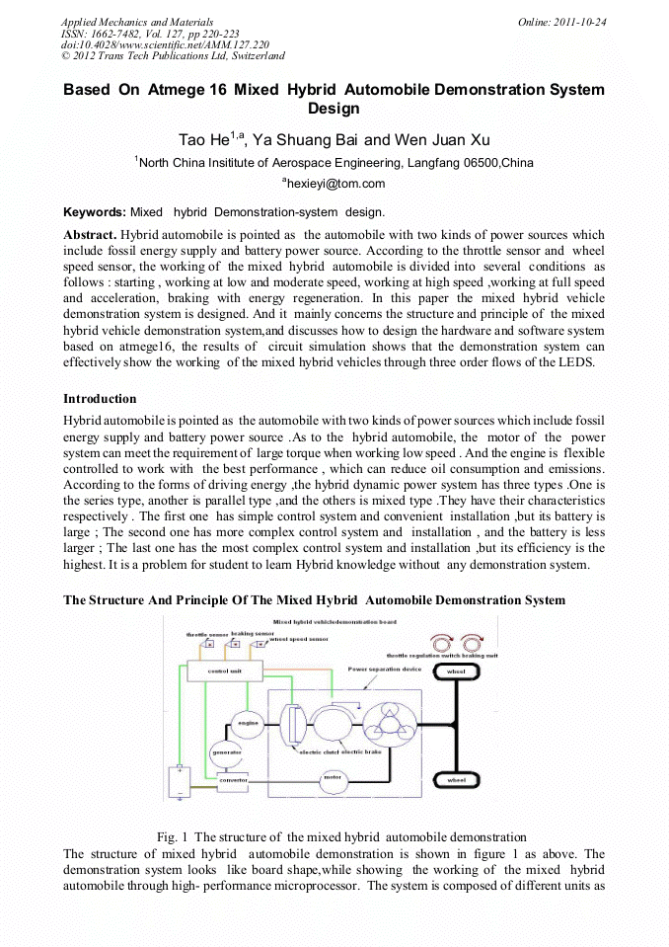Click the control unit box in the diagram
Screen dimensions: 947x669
coord(223,671)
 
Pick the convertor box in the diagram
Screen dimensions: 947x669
coord(234,779)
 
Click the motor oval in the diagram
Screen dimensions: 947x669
coord(333,776)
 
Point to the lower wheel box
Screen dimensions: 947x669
coord(456,780)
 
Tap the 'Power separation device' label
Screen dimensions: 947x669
coord(385,669)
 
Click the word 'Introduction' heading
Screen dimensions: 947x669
coord(100,399)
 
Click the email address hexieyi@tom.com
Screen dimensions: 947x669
coord(335,184)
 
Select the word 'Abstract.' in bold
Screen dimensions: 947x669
coord(90,235)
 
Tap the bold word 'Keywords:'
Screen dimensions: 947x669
coord(95,212)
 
